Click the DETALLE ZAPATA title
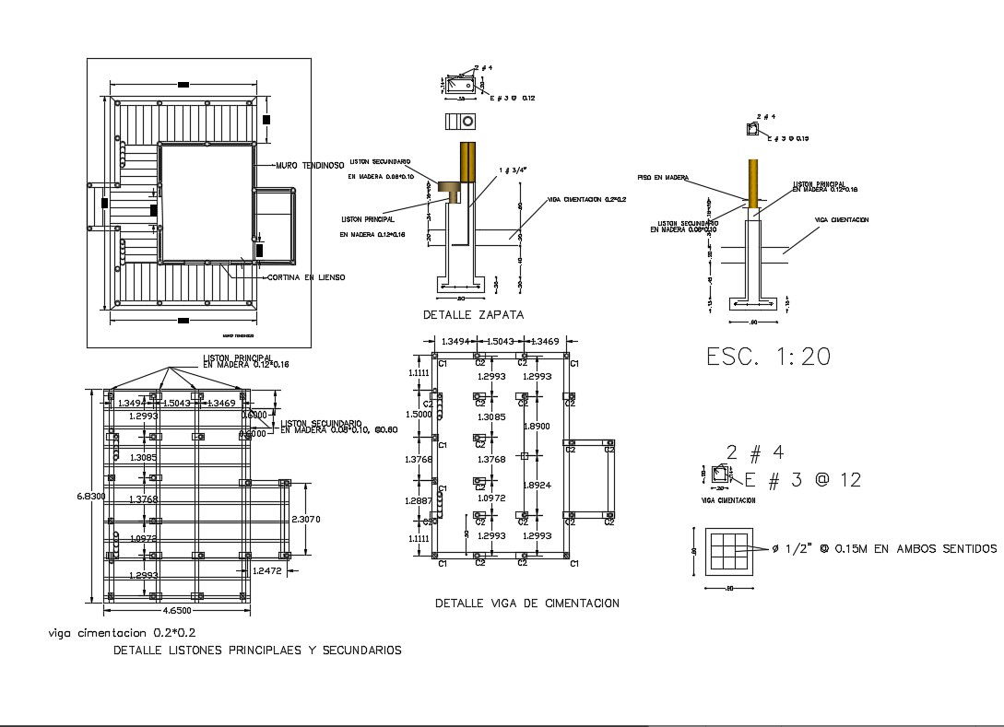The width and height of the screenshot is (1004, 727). click(x=473, y=314)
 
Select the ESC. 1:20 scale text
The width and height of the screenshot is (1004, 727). click(x=768, y=357)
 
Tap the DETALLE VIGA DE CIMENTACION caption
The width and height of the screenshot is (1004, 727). click(x=526, y=603)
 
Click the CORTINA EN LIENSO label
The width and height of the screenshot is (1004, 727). click(x=305, y=276)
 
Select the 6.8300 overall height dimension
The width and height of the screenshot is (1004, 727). click(x=90, y=496)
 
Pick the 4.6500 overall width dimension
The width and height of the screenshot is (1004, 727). click(x=177, y=610)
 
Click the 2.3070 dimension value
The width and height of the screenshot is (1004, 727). click(x=306, y=520)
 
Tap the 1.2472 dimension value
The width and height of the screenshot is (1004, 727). click(x=267, y=571)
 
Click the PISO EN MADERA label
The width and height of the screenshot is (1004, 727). click(x=662, y=178)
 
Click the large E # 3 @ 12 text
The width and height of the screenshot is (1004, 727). click(x=802, y=479)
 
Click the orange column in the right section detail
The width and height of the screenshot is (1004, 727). click(x=753, y=182)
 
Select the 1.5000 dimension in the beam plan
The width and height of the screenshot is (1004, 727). click(x=419, y=415)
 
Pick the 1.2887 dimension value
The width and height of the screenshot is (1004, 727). click(x=419, y=500)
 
